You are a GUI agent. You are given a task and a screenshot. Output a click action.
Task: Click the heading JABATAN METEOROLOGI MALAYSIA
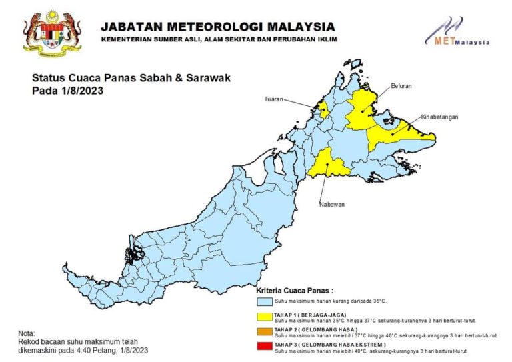click(x=218, y=27)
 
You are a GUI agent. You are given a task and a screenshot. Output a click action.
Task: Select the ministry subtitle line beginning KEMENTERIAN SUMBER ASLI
click(x=219, y=40)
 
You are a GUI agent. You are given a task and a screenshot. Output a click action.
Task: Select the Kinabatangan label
click(x=440, y=117)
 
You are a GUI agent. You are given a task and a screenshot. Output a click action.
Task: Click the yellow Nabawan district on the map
click(x=327, y=163)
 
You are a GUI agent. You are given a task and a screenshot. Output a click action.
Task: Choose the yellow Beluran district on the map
click(x=362, y=110)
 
